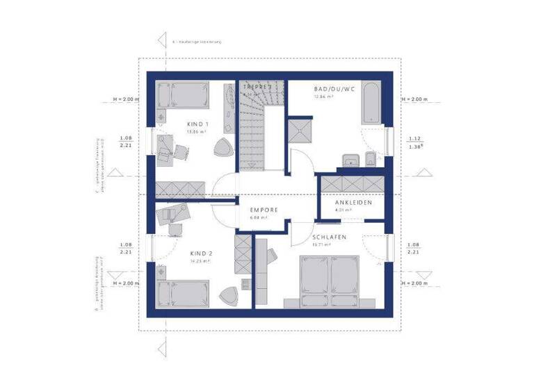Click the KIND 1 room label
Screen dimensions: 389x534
197,124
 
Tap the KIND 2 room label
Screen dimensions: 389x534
202,254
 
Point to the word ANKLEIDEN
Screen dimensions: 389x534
353,202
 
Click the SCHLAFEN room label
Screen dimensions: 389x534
329,236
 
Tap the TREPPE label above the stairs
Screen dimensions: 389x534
255,88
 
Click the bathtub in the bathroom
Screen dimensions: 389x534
371,105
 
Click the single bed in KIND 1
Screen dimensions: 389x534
183,94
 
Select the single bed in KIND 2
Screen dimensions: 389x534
184,294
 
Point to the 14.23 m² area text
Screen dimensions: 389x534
201,262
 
